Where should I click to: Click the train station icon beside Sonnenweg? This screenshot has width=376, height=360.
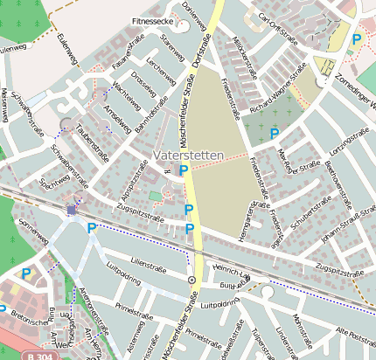(72, 210)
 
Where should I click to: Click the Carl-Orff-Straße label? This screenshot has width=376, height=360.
(268, 17)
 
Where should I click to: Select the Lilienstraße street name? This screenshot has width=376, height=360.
(147, 261)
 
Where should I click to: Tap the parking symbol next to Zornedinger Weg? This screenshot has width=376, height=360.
(356, 38)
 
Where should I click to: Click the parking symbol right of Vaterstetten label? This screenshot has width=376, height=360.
(184, 171)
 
